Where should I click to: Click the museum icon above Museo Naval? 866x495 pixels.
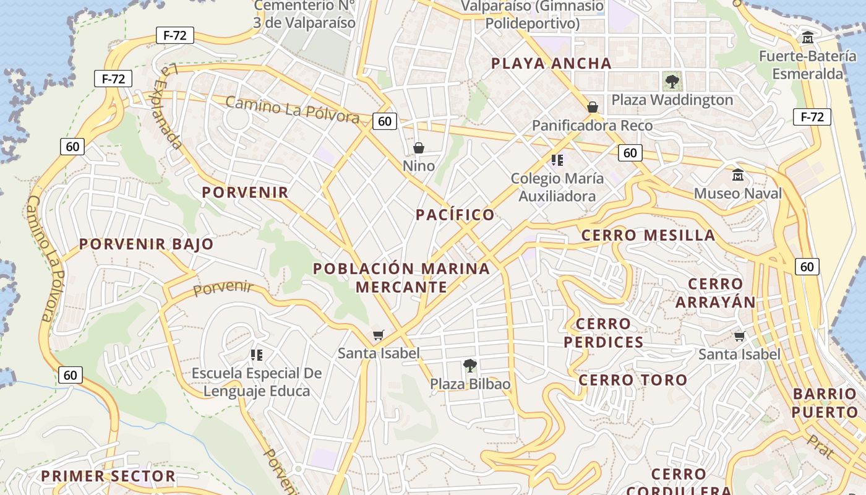[737, 175]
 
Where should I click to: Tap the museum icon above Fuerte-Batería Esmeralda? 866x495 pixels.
[807, 38]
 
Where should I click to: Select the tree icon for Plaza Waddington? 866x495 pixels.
[671, 80]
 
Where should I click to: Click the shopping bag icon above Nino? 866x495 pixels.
[419, 148]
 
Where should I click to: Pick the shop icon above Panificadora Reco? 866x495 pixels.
[593, 107]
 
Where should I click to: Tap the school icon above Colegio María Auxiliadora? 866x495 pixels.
[557, 160]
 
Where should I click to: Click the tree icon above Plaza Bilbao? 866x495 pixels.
[470, 365]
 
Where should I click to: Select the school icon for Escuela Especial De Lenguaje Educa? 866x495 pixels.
[257, 355]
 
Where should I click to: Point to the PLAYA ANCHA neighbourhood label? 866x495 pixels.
[551, 63]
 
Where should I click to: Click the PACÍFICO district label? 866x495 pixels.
[455, 215]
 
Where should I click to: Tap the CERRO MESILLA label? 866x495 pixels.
[648, 235]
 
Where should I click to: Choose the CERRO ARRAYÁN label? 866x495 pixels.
[716, 293]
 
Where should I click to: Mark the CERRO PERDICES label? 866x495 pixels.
[603, 333]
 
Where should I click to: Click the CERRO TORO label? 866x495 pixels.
[633, 380]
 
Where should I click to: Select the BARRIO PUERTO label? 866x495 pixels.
[825, 403]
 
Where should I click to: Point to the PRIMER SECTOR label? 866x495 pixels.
[108, 476]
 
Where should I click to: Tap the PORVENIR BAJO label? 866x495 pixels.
[146, 244]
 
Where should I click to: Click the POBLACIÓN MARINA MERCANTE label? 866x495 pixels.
[401, 278]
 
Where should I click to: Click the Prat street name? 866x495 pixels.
[820, 445]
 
